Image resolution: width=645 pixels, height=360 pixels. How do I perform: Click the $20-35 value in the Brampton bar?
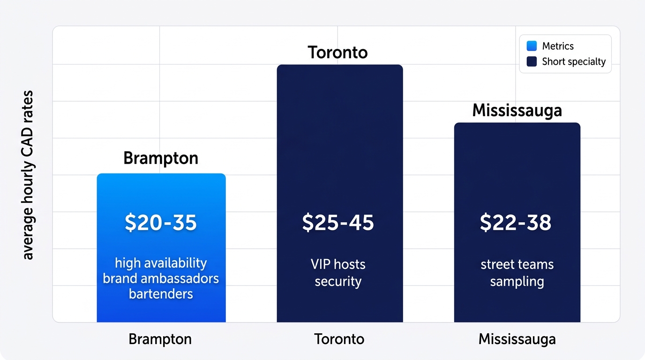click(161, 223)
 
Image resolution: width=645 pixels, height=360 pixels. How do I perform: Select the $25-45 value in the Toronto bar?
click(338, 223)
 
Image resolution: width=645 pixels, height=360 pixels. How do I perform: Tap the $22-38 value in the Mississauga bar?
click(516, 223)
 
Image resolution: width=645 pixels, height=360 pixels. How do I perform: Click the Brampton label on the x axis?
click(160, 339)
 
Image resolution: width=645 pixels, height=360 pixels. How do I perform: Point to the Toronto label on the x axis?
click(339, 339)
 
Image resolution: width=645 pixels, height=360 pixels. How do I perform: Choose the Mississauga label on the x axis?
click(517, 339)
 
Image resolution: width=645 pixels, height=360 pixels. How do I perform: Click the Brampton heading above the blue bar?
click(161, 158)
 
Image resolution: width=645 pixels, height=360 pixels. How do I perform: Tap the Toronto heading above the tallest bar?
click(337, 52)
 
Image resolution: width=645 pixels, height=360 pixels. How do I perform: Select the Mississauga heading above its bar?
click(517, 110)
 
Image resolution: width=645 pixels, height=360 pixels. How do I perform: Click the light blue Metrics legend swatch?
click(532, 46)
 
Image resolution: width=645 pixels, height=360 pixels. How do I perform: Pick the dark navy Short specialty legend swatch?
click(532, 61)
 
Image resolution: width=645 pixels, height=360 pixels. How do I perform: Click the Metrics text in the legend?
click(558, 46)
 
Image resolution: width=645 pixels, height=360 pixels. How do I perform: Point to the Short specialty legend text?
click(574, 61)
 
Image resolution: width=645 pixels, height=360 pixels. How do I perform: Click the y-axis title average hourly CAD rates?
click(29, 175)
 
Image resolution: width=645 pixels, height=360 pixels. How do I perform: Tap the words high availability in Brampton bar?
click(161, 263)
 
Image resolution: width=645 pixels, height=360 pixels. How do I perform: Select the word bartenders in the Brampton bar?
click(161, 294)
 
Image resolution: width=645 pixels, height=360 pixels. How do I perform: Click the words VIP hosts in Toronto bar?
click(338, 264)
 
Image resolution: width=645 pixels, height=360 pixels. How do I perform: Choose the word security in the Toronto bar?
click(338, 281)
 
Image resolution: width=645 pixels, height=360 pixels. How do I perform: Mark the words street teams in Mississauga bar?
click(517, 264)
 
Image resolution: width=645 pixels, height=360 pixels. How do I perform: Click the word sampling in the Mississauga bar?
click(517, 281)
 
